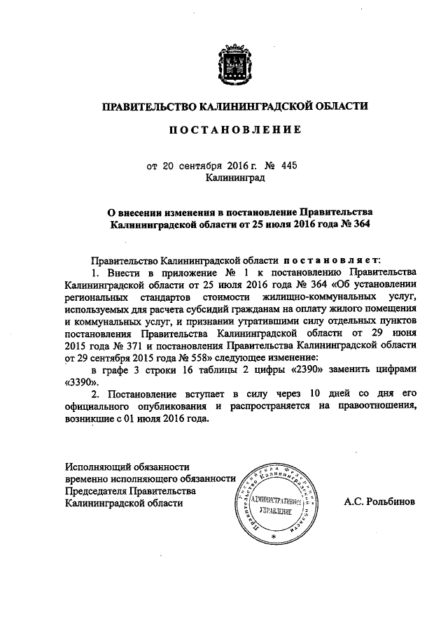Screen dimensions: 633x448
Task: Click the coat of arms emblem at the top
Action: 234,59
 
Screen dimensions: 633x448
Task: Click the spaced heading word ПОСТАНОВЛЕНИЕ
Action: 234,129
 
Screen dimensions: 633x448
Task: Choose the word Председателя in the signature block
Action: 95,490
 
